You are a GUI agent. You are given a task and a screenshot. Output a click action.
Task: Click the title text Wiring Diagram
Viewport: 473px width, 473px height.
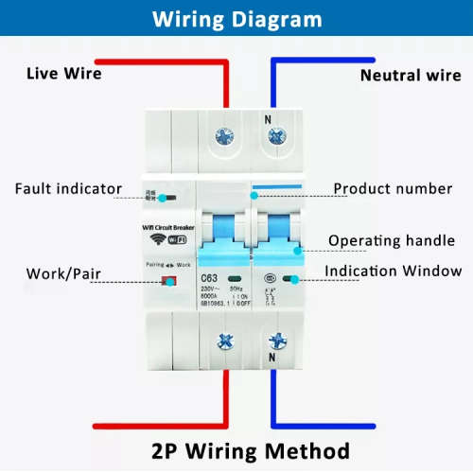coord(236,19)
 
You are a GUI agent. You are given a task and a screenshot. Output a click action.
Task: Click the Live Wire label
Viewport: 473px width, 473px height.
coord(63,73)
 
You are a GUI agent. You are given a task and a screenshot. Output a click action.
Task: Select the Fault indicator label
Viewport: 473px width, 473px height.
coord(68,188)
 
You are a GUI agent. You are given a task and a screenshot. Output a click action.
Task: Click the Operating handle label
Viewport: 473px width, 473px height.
coord(391,241)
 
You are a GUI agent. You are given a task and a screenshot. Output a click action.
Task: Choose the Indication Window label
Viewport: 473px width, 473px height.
coord(393,272)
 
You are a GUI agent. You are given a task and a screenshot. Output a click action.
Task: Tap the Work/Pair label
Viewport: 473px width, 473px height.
coord(63,275)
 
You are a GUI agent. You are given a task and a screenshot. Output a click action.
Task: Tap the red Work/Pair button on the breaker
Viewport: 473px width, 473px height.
coord(168,280)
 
